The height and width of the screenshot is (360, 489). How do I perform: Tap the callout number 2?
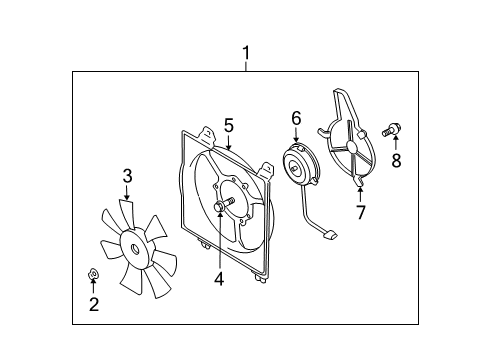click(x=94, y=305)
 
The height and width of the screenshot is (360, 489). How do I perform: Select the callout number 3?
click(x=127, y=177)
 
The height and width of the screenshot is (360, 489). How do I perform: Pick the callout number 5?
click(x=228, y=125)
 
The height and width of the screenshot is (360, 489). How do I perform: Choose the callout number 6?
click(x=296, y=119)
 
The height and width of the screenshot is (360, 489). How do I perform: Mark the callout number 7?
click(x=362, y=211)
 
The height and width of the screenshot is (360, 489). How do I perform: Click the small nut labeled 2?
click(x=93, y=272)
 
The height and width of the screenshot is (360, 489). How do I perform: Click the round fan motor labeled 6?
click(x=298, y=164)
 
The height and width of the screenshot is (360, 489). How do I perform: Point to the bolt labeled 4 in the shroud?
click(x=222, y=207)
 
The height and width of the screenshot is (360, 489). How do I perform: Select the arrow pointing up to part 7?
click(x=361, y=190)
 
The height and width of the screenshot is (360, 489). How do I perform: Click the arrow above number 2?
click(x=94, y=287)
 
